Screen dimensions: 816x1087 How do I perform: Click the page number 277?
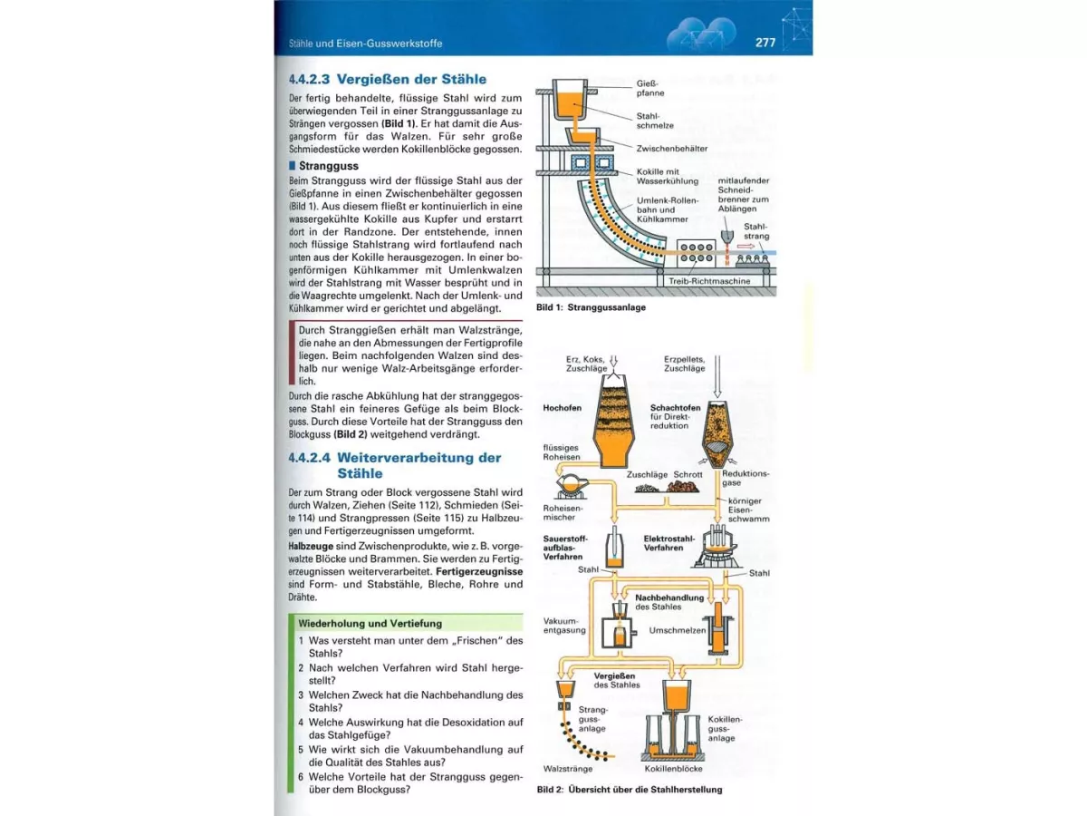(x=765, y=43)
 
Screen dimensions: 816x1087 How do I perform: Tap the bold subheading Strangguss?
(x=329, y=166)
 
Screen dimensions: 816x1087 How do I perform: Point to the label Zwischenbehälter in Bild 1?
(x=671, y=149)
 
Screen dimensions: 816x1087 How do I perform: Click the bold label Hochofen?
(x=562, y=408)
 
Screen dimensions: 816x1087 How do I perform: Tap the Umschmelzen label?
(x=677, y=630)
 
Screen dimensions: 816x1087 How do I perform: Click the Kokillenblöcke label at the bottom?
(x=674, y=768)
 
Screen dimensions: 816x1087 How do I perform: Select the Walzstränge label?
(x=562, y=768)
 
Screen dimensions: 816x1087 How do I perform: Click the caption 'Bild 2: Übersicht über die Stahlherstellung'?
(x=630, y=790)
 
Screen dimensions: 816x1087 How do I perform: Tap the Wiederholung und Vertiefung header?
(x=370, y=624)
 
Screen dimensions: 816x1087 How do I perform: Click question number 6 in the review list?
(x=301, y=777)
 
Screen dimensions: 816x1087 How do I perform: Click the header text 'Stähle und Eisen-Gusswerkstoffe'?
(x=365, y=44)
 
